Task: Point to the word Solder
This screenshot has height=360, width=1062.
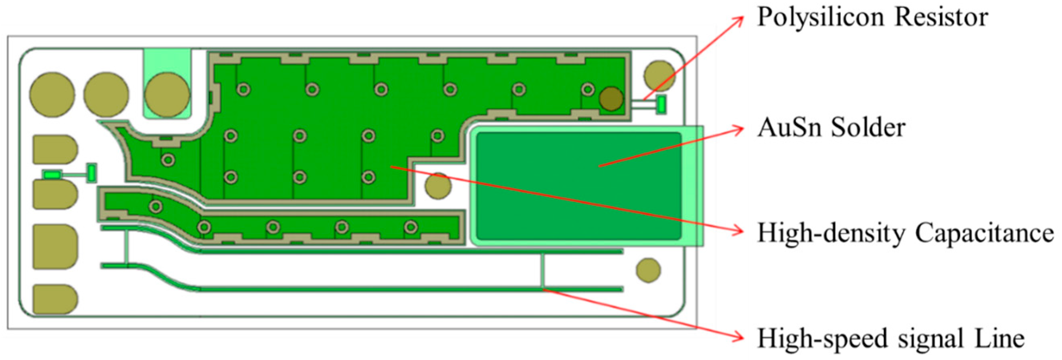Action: (868, 127)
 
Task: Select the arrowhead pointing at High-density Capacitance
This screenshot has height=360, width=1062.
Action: (740, 232)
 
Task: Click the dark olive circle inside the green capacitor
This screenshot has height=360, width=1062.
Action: (611, 99)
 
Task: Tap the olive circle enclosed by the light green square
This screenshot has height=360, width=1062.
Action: (167, 95)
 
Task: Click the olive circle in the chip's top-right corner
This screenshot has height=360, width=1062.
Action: (659, 76)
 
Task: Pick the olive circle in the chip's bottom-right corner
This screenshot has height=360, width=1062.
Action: (649, 270)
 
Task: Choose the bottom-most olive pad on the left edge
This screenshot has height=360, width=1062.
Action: (55, 299)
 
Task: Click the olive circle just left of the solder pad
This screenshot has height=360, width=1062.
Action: (438, 186)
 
